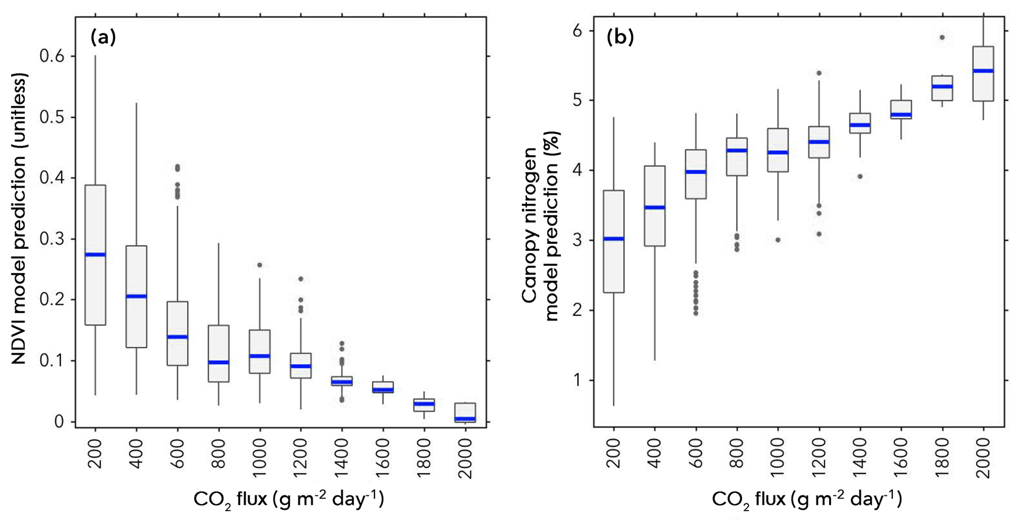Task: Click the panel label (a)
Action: tap(103, 37)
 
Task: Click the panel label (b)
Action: tap(620, 37)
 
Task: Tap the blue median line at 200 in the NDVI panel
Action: tap(95, 255)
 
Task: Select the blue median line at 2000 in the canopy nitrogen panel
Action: tap(983, 71)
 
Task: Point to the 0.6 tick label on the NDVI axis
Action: tap(52, 56)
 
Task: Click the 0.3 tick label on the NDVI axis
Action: tap(52, 239)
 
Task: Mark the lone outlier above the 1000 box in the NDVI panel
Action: tap(260, 265)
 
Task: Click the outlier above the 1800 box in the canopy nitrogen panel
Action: tap(942, 38)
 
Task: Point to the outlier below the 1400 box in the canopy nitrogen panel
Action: tap(860, 176)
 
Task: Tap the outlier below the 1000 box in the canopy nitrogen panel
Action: tap(778, 240)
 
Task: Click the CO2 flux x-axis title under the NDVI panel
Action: tap(288, 499)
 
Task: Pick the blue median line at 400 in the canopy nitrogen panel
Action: tap(655, 207)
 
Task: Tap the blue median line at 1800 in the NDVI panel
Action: tap(424, 404)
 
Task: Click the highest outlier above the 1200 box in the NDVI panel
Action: tap(301, 279)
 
